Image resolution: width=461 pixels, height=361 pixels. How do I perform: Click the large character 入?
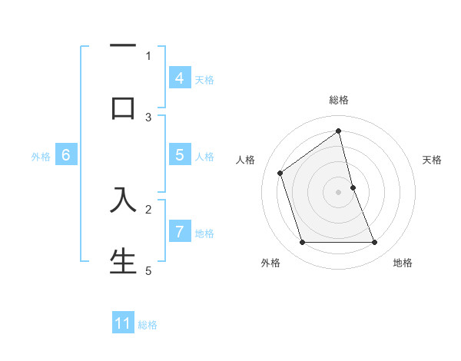coord(123,199)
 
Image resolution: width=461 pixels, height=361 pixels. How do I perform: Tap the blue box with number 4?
coord(179,78)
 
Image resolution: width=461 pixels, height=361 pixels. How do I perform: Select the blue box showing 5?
coord(179,155)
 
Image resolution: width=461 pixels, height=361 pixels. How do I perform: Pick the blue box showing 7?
coord(179,231)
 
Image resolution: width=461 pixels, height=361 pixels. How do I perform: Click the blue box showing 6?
coord(65,155)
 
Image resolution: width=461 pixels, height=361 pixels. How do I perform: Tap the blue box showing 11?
coord(123,323)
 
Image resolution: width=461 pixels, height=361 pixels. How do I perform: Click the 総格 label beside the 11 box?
coord(148,325)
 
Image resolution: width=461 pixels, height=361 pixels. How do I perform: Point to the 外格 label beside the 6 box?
coord(41,157)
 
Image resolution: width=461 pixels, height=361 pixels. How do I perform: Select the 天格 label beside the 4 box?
coord(204,80)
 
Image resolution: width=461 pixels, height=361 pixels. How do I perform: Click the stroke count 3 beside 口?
coord(149,117)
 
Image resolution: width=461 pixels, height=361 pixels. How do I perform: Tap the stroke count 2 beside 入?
coord(149,208)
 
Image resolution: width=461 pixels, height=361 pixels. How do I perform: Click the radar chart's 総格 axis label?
coord(339,100)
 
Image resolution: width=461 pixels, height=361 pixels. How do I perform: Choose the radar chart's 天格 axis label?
coord(432,160)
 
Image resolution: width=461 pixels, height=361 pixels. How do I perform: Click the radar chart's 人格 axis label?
coord(246,160)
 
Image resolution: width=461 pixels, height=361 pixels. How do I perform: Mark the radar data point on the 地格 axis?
coord(375,243)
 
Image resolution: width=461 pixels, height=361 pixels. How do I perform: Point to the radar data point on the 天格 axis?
coord(353,187)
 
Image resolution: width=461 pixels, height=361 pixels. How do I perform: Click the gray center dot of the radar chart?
coord(339,192)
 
